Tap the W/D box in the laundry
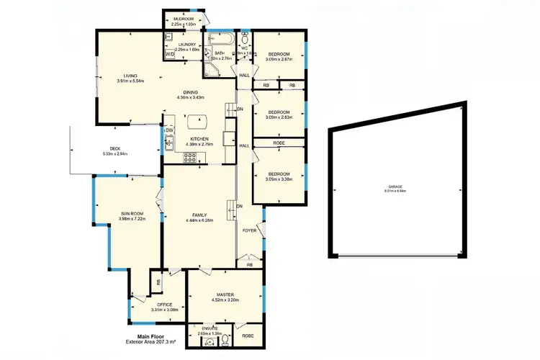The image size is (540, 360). [x=170, y=54]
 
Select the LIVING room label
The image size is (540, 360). [x=130, y=75]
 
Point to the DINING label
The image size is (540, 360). [x=191, y=91]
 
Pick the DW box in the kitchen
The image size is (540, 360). [x=170, y=130]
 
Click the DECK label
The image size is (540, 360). [x=115, y=148]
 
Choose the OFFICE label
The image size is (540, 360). [x=165, y=305]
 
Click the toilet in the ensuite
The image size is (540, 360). [x=225, y=337]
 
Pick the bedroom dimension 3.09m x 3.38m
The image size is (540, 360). [x=278, y=179]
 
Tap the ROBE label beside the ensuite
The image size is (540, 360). [x=248, y=336]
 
